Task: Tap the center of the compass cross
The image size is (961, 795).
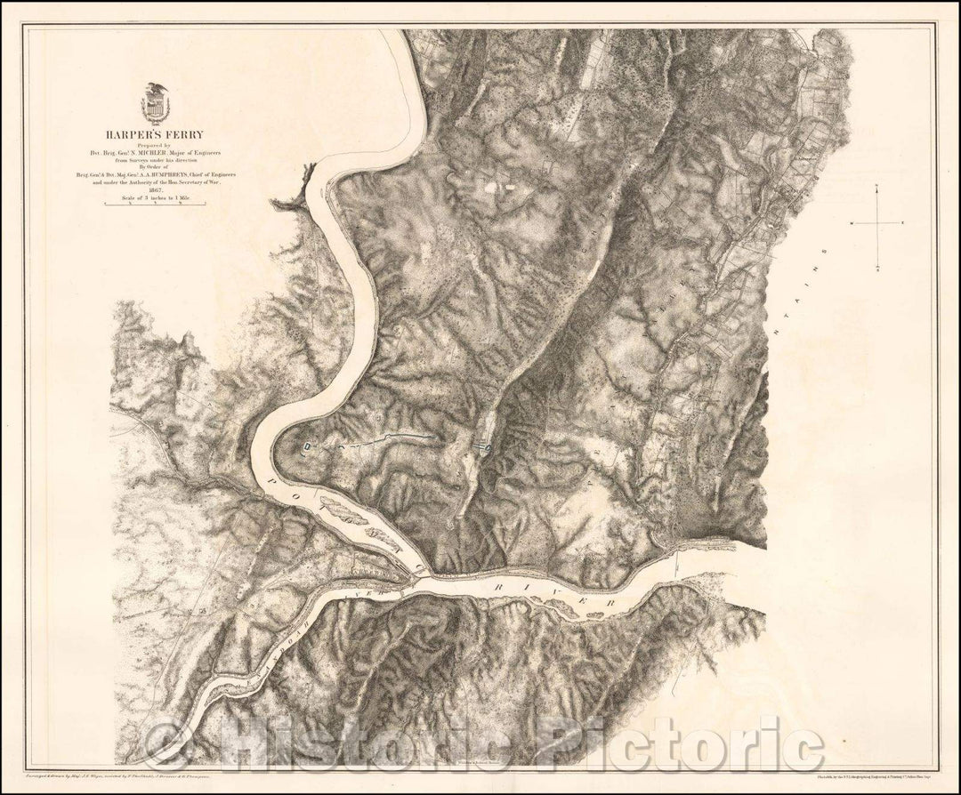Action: tap(878, 223)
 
